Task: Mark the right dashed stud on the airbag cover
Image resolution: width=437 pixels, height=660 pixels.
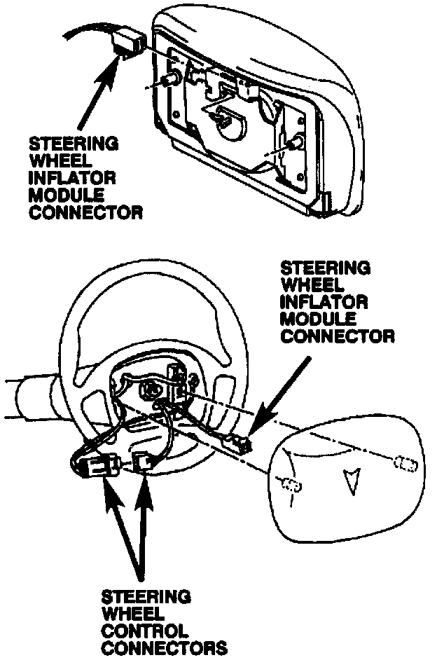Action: click(x=405, y=463)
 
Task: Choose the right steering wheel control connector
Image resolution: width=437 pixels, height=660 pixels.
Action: click(x=143, y=463)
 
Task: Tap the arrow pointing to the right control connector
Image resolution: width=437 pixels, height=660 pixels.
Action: click(x=143, y=525)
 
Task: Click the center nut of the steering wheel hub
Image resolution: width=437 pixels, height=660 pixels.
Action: click(x=150, y=389)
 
